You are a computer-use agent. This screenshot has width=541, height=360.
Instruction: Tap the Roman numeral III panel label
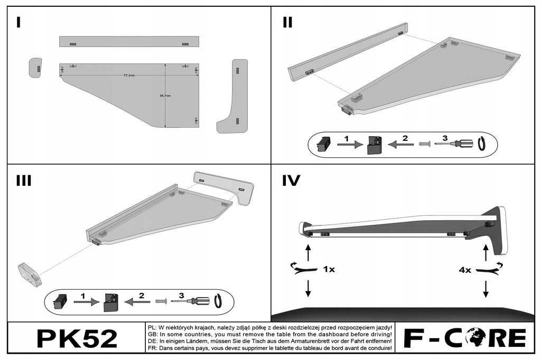coord(24,181)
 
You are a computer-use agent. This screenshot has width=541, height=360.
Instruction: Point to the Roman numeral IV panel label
coord(291,181)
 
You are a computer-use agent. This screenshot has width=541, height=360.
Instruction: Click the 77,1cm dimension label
coord(129,75)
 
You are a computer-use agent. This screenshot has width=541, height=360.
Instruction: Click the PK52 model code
coord(77,338)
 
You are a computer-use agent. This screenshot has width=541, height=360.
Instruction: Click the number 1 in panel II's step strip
coord(346,138)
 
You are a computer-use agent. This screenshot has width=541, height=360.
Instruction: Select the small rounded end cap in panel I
coord(35,68)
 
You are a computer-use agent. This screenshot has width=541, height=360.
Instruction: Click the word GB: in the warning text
coord(151,335)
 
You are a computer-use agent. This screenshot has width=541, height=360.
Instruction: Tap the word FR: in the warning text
coord(151,348)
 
